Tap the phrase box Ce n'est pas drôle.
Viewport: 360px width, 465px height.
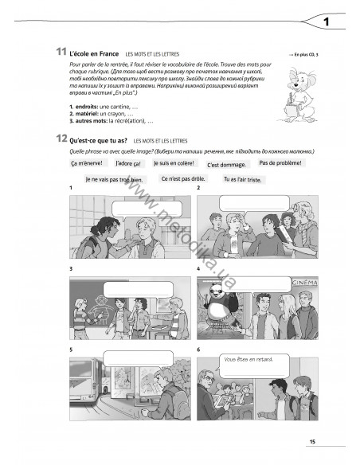pyautogui.click(x=184, y=179)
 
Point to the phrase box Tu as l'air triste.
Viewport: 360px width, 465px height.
pyautogui.click(x=244, y=179)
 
